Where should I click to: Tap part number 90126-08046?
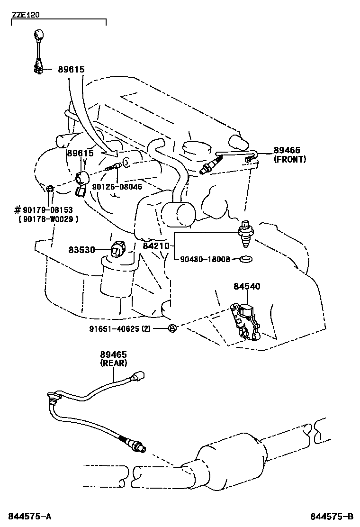click(116, 187)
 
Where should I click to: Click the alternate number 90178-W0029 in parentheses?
click(48, 219)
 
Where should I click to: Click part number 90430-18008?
click(205, 259)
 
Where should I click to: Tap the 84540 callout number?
click(246, 286)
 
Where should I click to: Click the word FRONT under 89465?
click(289, 159)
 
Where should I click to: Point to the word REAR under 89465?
click(113, 363)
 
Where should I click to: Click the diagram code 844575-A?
click(29, 516)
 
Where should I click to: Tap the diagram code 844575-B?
click(332, 516)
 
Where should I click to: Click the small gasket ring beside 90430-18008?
click(245, 259)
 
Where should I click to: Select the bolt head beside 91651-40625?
click(172, 328)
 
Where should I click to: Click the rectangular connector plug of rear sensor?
click(140, 377)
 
